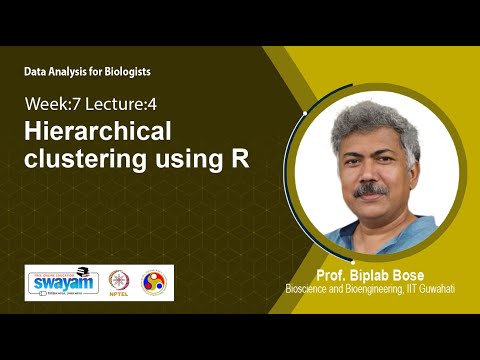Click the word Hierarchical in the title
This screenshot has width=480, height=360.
(99, 132)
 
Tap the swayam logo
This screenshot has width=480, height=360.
(60, 282)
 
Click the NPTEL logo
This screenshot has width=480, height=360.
(119, 282)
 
